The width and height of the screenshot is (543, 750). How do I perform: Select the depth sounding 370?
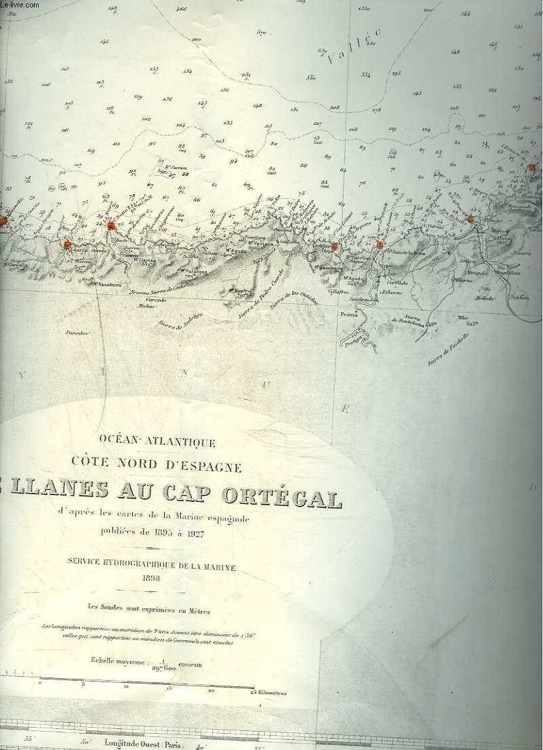pos(262,33)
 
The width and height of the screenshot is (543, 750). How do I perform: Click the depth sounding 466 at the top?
pos(180,9)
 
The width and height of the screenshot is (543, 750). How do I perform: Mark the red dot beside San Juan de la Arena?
pos(379,245)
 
